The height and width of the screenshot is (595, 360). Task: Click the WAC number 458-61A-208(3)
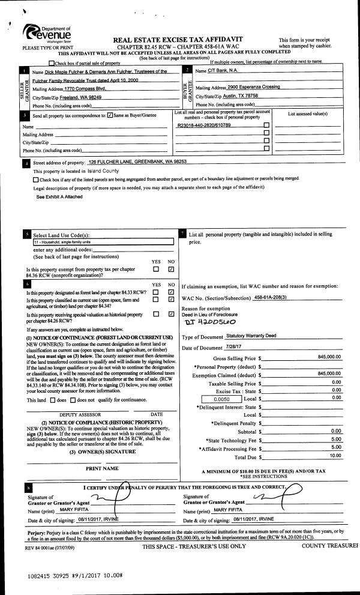coord(275,298)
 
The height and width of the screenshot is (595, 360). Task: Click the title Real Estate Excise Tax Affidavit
coord(187,39)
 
